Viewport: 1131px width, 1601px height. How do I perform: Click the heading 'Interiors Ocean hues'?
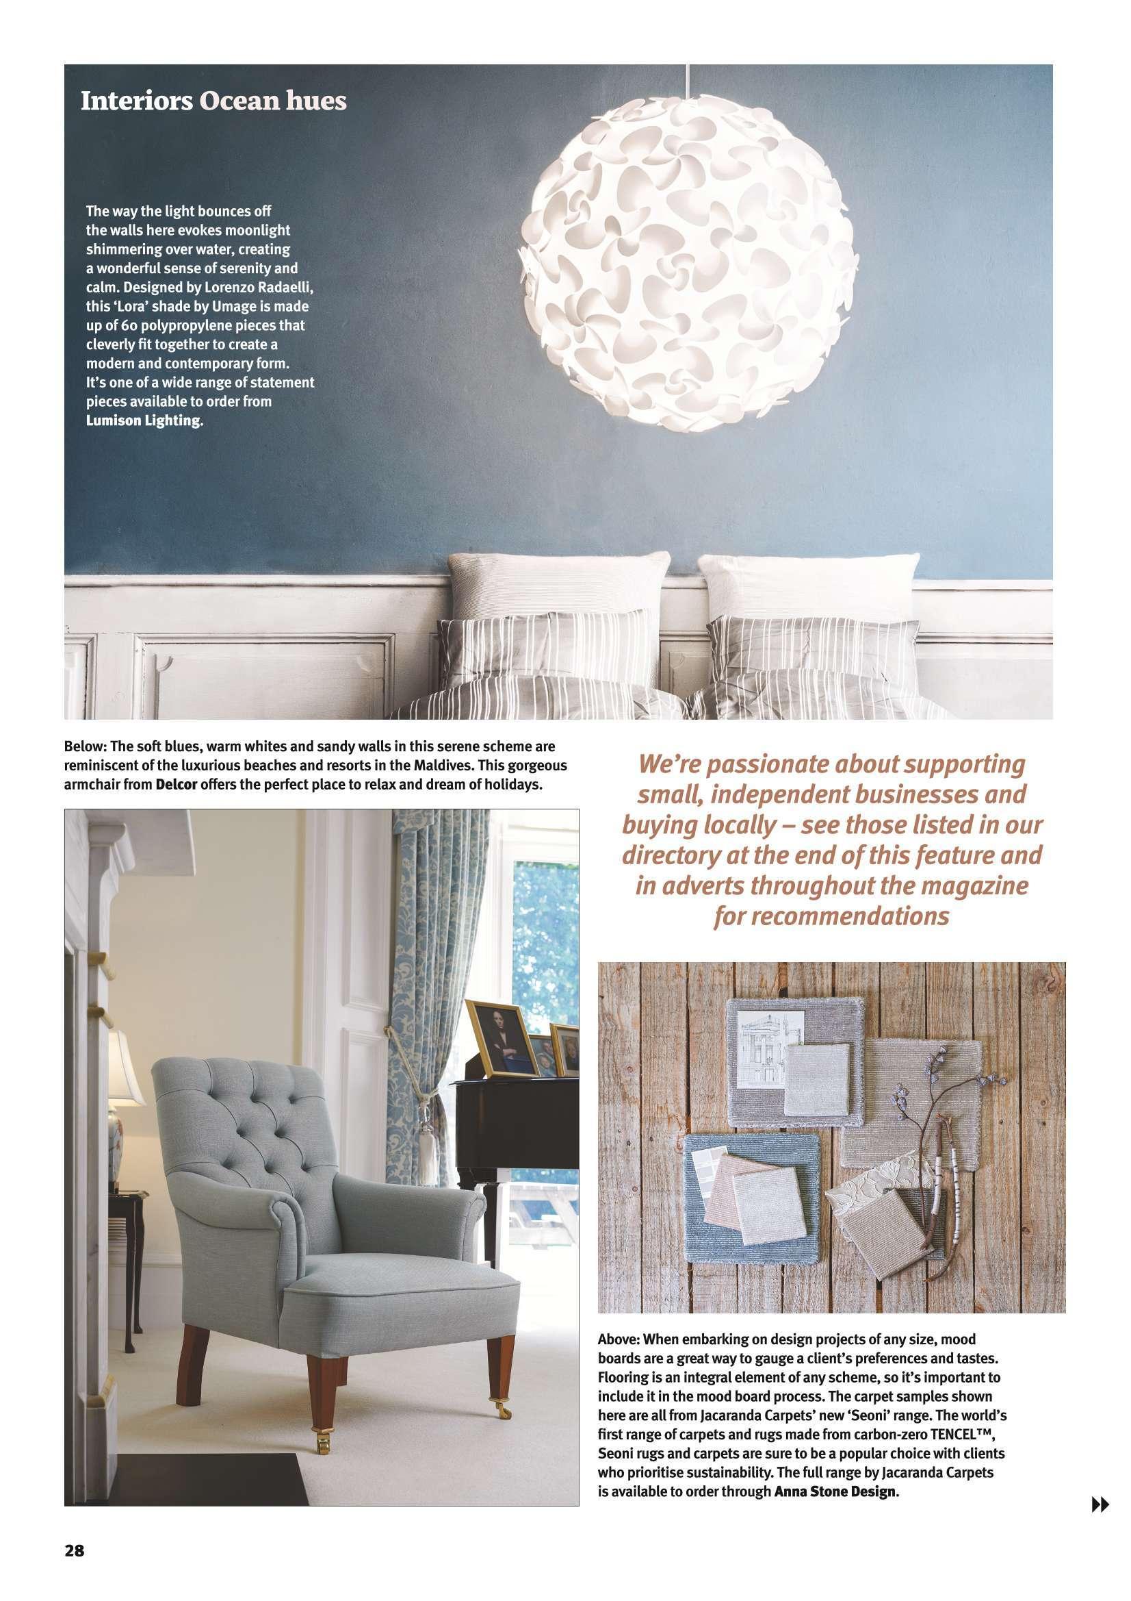pyautogui.click(x=213, y=102)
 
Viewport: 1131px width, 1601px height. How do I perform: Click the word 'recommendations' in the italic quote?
pyautogui.click(x=831, y=916)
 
